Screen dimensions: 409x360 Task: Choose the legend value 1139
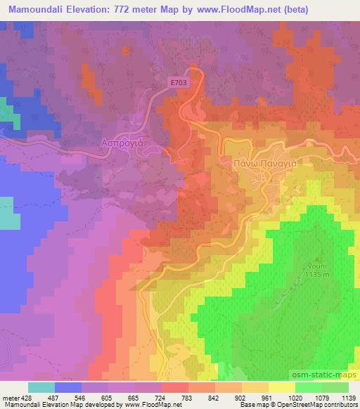[338, 398]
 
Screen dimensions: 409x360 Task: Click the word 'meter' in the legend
[8, 398]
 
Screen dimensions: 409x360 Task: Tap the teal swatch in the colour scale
[41, 387]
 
